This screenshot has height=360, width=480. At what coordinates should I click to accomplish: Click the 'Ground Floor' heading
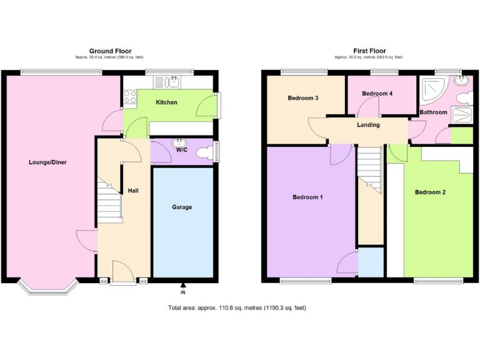coord(110,51)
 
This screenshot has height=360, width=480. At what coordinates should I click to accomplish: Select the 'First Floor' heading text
coord(369,51)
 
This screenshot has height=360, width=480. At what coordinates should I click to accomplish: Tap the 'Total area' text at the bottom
coord(237,307)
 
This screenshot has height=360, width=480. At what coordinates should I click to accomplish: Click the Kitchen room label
coord(166,102)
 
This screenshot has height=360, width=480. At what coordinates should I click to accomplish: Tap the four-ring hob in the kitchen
coord(131,96)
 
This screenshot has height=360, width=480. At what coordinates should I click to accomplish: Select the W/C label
coord(182,150)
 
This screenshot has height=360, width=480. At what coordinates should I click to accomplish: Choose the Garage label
coord(182,207)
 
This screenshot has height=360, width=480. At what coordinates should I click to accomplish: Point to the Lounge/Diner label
coord(47,162)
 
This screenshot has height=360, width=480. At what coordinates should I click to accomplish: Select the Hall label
coord(133,190)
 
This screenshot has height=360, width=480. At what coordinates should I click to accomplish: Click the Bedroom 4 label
coord(377,94)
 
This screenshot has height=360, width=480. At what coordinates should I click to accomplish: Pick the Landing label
coord(368,125)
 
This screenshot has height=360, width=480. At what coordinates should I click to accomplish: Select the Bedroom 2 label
coord(431,192)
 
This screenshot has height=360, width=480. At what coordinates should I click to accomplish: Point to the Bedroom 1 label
coord(307,197)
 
